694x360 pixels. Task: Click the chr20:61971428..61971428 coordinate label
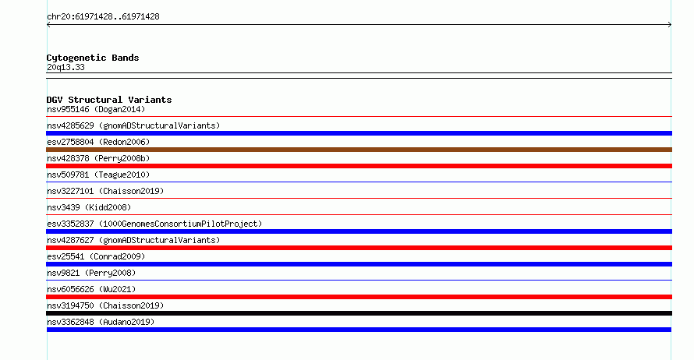[103, 16]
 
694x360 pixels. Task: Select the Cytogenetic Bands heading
[93, 58]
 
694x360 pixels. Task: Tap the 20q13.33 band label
[66, 67]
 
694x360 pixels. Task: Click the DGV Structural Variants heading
[109, 100]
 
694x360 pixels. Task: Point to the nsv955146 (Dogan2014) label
[96, 109]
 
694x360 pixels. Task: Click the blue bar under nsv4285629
[359, 133]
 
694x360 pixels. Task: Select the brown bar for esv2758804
[359, 150]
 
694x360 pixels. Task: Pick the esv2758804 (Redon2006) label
[98, 142]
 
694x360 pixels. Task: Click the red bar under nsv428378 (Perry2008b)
[359, 166]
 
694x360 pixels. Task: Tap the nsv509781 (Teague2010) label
[98, 175]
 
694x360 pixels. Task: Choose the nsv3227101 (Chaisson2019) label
[105, 191]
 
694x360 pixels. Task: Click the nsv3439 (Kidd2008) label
[89, 207]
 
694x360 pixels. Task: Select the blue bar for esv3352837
[359, 231]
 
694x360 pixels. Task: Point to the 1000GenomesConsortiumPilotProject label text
[180, 224]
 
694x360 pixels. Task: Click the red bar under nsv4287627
[359, 248]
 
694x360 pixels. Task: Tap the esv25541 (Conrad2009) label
[96, 256]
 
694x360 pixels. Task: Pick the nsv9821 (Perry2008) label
[91, 273]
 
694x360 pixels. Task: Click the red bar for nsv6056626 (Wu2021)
[359, 297]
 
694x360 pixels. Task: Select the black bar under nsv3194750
[359, 313]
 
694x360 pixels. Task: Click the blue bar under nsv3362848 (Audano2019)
[359, 330]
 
